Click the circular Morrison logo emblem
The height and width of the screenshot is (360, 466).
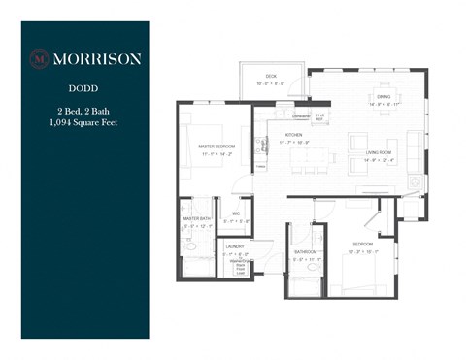click(x=40, y=57)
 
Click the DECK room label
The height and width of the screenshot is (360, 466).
click(x=272, y=76)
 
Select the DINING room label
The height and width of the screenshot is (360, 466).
click(x=383, y=96)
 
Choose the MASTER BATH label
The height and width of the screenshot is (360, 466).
click(x=198, y=218)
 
